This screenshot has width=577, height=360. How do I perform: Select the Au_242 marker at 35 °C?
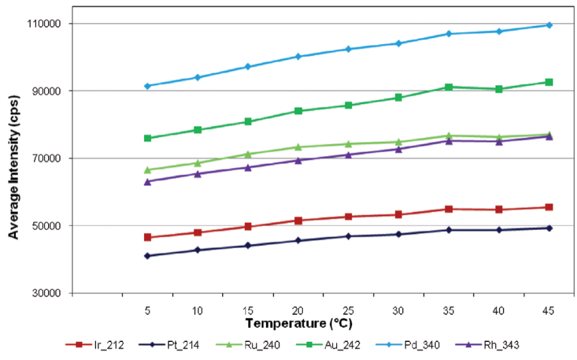point(449,87)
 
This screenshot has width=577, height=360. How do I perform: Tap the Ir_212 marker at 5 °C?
point(147,237)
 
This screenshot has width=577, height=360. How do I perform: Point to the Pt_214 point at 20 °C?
point(298,241)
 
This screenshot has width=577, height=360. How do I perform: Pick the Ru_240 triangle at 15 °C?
point(248,154)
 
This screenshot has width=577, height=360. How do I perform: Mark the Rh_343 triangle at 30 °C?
point(399,149)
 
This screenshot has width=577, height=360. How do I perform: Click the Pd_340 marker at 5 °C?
point(147,86)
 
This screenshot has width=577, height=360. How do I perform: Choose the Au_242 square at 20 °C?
point(298,111)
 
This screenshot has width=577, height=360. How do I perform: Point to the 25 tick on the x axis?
point(348,311)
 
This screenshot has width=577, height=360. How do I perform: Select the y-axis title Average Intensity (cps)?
point(13,158)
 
